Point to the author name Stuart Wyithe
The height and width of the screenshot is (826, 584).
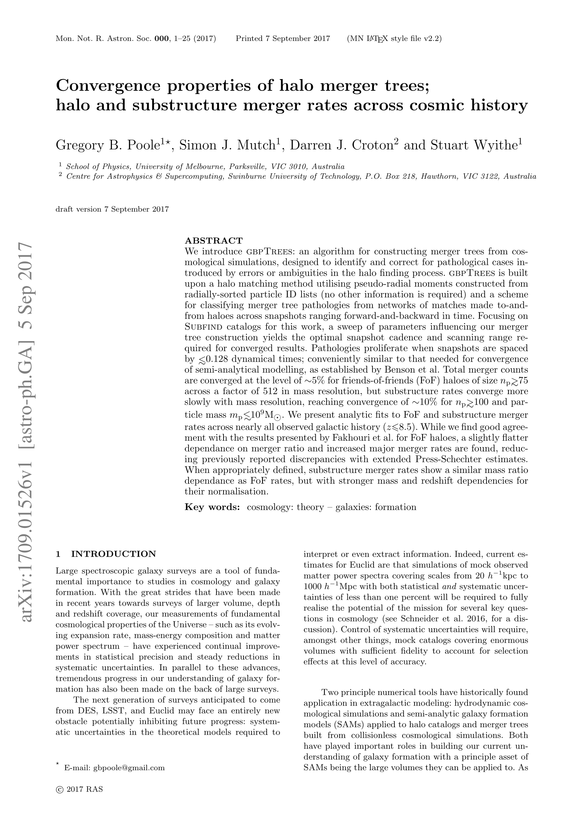point(470,145)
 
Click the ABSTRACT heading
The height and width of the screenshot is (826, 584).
point(214,240)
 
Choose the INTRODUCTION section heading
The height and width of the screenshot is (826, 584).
point(113,554)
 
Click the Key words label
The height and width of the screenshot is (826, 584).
point(212,507)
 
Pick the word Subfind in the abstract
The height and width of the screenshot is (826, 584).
point(204,327)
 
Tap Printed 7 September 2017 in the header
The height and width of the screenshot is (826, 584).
point(283,38)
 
